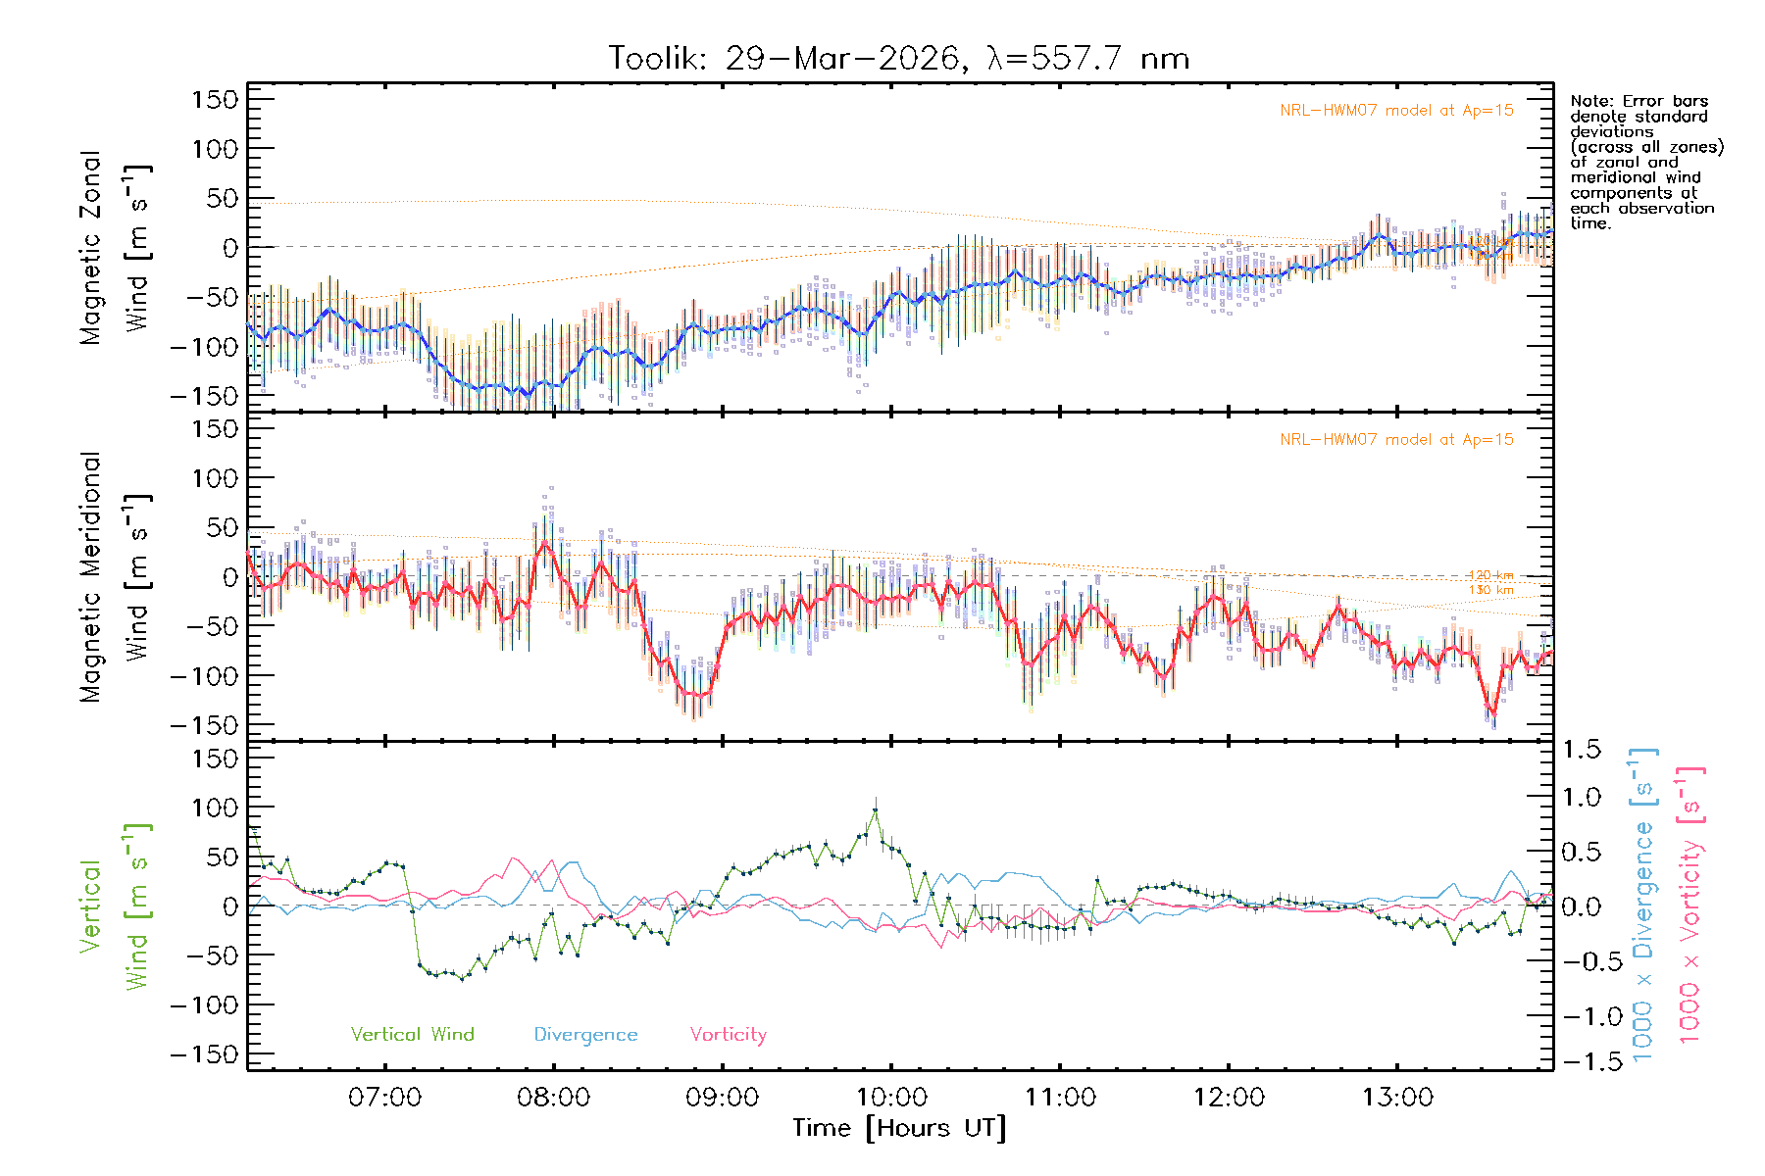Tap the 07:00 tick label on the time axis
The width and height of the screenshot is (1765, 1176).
click(x=384, y=1098)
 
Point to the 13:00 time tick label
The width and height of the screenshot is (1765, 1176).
click(x=1397, y=1098)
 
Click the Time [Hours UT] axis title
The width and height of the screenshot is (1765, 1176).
click(x=899, y=1128)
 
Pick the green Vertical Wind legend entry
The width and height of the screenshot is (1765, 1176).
click(x=412, y=1035)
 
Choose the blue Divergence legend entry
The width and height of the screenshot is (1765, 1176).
click(x=585, y=1035)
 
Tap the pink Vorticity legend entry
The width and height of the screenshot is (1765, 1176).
click(x=728, y=1035)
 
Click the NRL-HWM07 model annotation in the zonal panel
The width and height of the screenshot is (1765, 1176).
click(x=1396, y=111)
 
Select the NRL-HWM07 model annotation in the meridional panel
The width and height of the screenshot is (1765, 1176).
click(x=1396, y=440)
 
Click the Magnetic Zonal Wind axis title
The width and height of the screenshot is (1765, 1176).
click(x=116, y=247)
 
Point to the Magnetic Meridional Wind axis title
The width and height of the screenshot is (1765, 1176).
click(x=116, y=576)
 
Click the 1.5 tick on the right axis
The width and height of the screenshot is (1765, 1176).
click(x=1582, y=750)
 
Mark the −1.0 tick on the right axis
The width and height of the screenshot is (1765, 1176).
click(x=1582, y=1016)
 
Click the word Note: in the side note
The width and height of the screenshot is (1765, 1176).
click(x=1589, y=101)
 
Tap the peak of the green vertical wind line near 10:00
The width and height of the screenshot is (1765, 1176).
click(x=875, y=809)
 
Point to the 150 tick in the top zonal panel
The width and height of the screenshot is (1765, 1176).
click(x=215, y=99)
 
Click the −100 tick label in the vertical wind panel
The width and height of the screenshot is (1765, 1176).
click(x=205, y=1005)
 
